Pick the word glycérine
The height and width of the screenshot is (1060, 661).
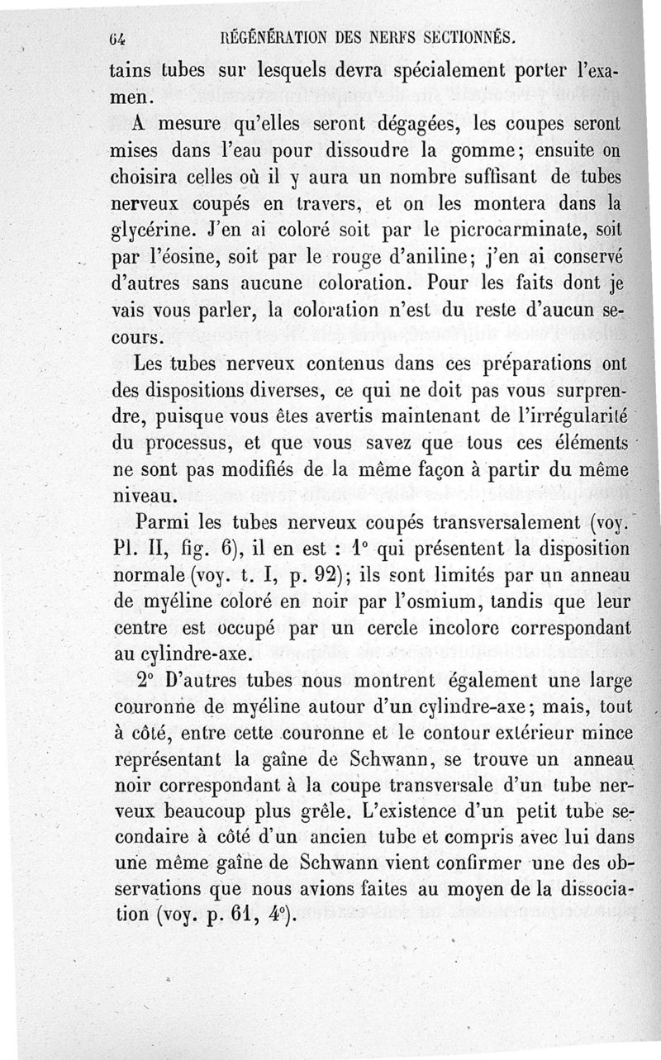pos(156,226)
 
